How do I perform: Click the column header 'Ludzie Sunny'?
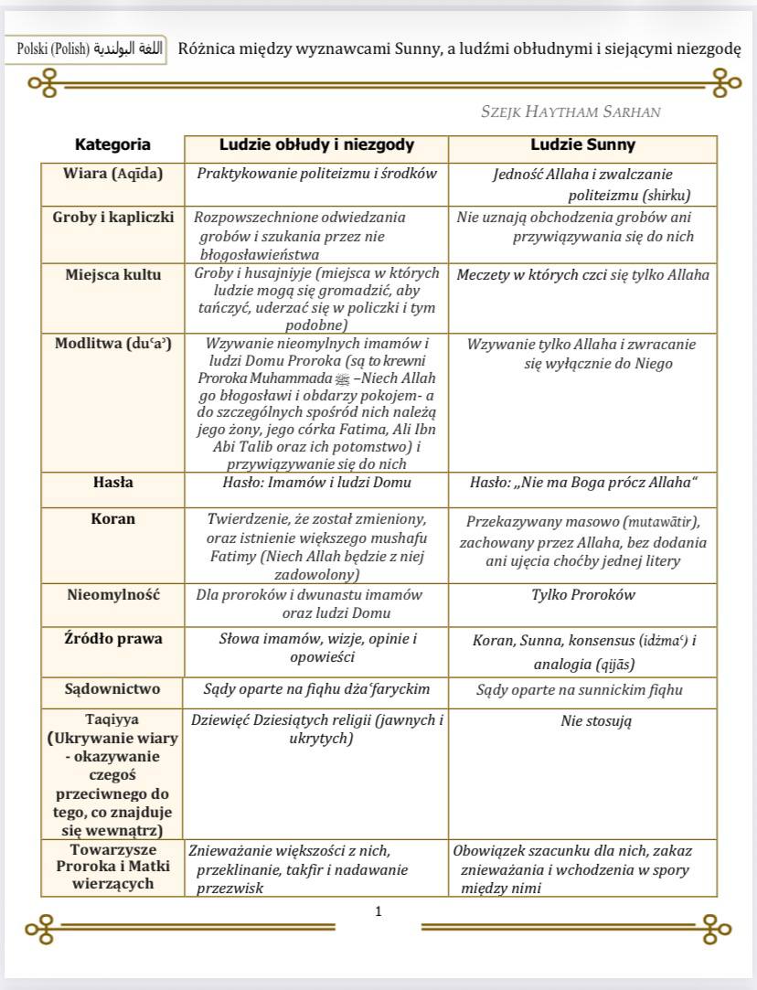pos(582,145)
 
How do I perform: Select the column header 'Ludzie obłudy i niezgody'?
pos(316,145)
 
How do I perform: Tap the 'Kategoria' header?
pos(112,144)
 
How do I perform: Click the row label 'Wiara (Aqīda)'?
pos(112,174)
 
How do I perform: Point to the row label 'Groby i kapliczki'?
pos(112,218)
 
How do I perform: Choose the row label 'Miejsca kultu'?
pos(112,273)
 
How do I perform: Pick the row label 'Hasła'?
pos(112,482)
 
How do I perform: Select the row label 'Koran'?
pos(112,518)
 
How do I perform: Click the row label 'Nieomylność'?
pos(112,594)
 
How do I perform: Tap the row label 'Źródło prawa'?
pos(112,638)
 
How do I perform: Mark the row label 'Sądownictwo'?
pos(112,688)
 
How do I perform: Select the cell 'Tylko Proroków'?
pos(583,594)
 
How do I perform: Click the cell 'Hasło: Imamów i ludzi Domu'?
pos(316,483)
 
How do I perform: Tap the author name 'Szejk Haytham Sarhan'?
pos(570,112)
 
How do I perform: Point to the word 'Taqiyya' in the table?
pos(112,719)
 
